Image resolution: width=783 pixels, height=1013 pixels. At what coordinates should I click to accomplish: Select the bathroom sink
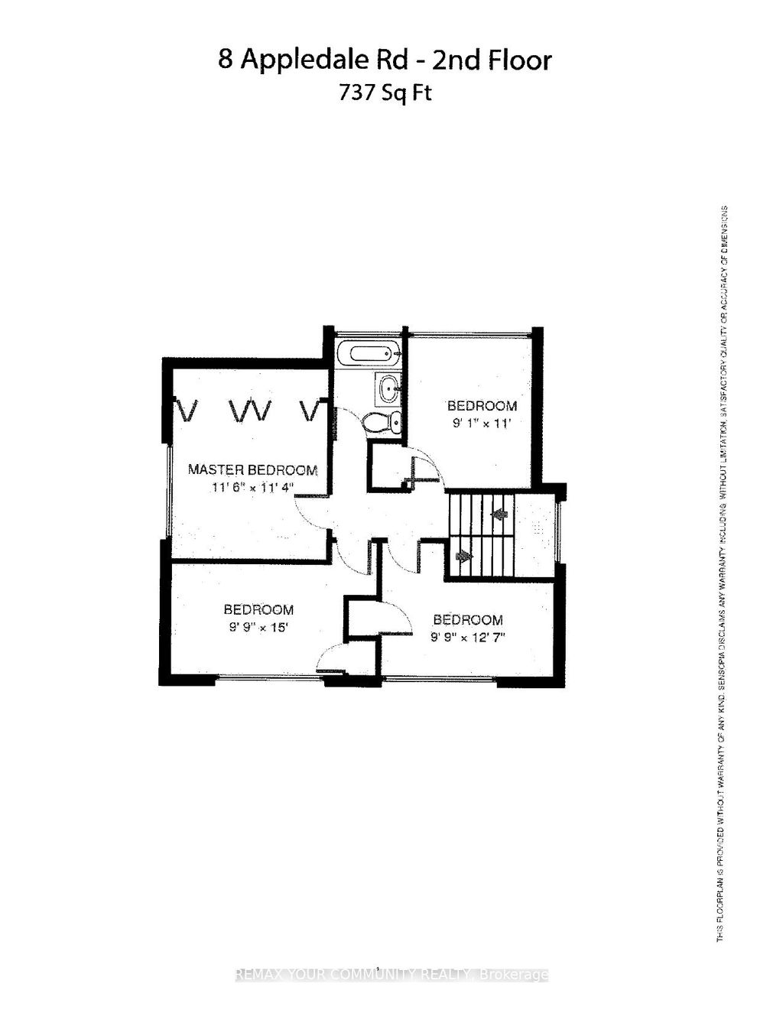tap(388, 389)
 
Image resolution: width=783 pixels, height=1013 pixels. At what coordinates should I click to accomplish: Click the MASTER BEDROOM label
tap(252, 469)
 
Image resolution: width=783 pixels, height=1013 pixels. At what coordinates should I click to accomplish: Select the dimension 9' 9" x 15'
tap(258, 628)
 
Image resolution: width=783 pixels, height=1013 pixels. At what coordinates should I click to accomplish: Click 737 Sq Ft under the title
tap(385, 93)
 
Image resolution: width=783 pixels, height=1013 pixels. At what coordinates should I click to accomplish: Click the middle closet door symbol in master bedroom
tap(251, 411)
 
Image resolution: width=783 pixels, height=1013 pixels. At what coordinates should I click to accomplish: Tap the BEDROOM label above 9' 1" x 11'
tap(482, 405)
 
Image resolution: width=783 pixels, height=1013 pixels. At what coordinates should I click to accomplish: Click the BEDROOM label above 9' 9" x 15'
tap(258, 609)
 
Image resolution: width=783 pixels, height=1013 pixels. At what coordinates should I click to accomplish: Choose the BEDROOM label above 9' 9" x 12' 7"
tap(467, 619)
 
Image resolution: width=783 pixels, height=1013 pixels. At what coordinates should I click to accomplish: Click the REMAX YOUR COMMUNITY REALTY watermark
tap(391, 975)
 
